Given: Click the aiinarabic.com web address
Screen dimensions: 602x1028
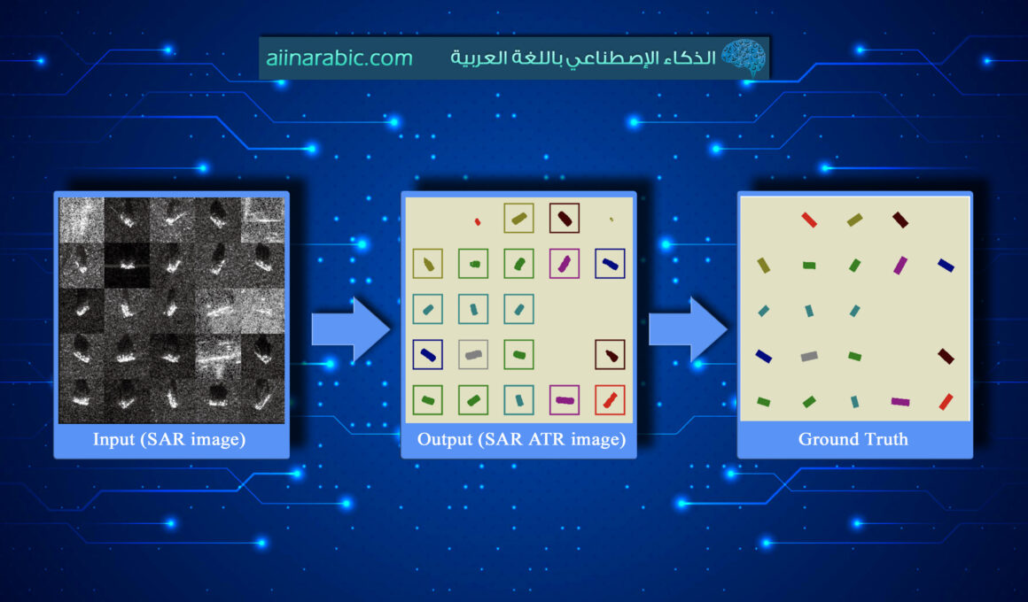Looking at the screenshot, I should (339, 58).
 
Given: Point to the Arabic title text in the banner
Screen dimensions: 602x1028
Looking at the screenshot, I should (581, 58).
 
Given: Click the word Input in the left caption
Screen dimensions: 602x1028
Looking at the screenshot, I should (113, 439).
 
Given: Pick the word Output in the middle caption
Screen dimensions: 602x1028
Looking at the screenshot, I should (446, 439).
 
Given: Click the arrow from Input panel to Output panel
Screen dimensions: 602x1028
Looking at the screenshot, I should (351, 329).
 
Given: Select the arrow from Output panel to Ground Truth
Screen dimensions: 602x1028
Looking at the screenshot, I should (688, 329).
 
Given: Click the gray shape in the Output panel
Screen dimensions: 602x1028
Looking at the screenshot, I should (473, 355).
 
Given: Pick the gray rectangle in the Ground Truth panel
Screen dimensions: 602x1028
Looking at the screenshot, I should (808, 356).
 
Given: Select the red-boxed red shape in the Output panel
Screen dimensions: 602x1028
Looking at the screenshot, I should (610, 400).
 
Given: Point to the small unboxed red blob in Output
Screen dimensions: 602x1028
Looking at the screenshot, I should (477, 221).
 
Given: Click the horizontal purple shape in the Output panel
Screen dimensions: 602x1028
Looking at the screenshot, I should (565, 400).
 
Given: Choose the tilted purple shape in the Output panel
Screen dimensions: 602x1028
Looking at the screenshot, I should (565, 263).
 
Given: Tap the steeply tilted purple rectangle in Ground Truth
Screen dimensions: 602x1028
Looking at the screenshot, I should (900, 265).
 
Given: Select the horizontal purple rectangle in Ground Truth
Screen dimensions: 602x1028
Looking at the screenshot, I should (899, 402).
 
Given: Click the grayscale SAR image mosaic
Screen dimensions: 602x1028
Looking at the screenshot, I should (171, 310).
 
